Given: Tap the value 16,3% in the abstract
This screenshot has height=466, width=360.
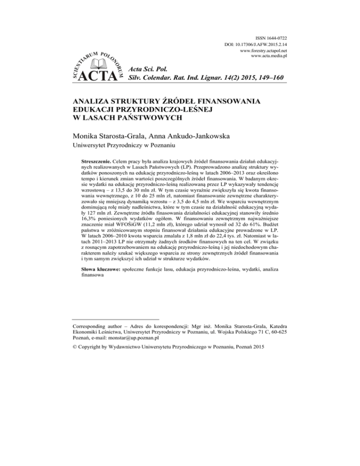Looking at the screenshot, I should (x=89, y=238).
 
